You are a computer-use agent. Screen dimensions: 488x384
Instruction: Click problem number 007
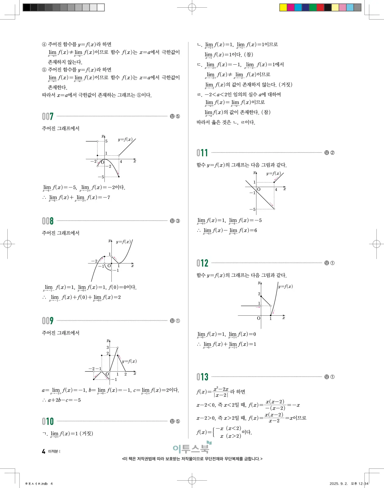(48, 116)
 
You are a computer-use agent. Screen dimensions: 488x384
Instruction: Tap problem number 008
(48, 221)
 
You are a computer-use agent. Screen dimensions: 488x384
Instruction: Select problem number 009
(48, 321)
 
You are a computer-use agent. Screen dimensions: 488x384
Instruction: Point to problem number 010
(48, 421)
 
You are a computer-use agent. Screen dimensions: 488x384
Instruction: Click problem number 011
(202, 153)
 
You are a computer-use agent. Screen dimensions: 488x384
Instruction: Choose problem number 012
(202, 263)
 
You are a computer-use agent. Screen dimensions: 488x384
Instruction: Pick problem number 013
(202, 377)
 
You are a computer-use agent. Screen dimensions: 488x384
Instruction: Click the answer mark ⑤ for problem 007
(178, 116)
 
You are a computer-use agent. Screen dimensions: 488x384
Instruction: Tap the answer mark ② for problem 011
(332, 153)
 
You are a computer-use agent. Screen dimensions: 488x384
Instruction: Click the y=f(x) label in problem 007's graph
(125, 139)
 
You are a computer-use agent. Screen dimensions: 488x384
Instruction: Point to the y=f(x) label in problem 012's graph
(285, 286)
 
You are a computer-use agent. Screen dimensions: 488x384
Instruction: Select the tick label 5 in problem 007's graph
(106, 141)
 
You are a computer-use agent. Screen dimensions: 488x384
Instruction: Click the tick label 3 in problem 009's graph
(108, 347)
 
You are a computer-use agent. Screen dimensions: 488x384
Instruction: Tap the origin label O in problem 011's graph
(259, 189)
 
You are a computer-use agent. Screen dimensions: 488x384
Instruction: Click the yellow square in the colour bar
(283, 8)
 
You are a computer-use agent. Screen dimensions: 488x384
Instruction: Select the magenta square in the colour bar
(291, 8)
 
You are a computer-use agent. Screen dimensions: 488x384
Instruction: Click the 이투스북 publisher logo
(192, 448)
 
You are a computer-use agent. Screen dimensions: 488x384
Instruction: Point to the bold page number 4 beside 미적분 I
(43, 451)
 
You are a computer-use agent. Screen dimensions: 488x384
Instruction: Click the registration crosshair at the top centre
(192, 8)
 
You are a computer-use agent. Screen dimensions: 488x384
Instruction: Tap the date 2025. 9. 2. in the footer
(338, 483)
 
